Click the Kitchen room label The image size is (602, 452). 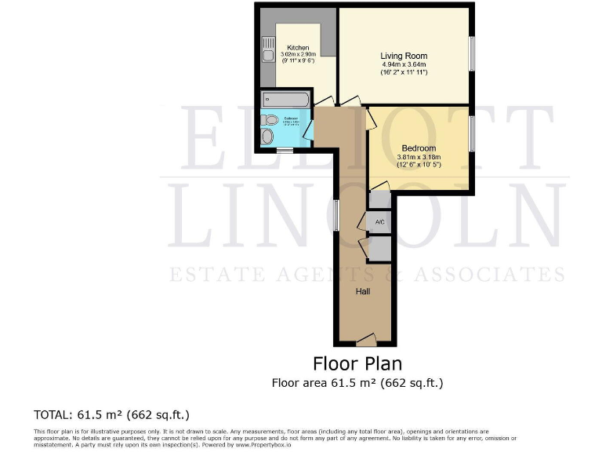click(297, 47)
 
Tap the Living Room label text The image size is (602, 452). click(404, 56)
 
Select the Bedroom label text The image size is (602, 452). click(419, 148)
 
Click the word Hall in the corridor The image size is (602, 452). click(363, 291)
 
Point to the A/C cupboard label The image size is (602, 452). click(379, 223)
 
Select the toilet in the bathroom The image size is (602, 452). click(270, 120)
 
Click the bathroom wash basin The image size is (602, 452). click(268, 137)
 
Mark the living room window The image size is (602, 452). click(472, 56)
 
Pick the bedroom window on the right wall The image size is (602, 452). click(472, 133)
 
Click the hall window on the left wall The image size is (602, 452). click(335, 214)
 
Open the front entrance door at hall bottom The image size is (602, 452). click(365, 340)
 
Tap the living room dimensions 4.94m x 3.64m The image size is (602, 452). click(404, 64)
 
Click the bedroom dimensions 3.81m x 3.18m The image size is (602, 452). click(419, 156)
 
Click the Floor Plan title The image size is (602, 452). click(357, 363)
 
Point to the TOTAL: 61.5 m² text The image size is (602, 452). click(111, 414)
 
